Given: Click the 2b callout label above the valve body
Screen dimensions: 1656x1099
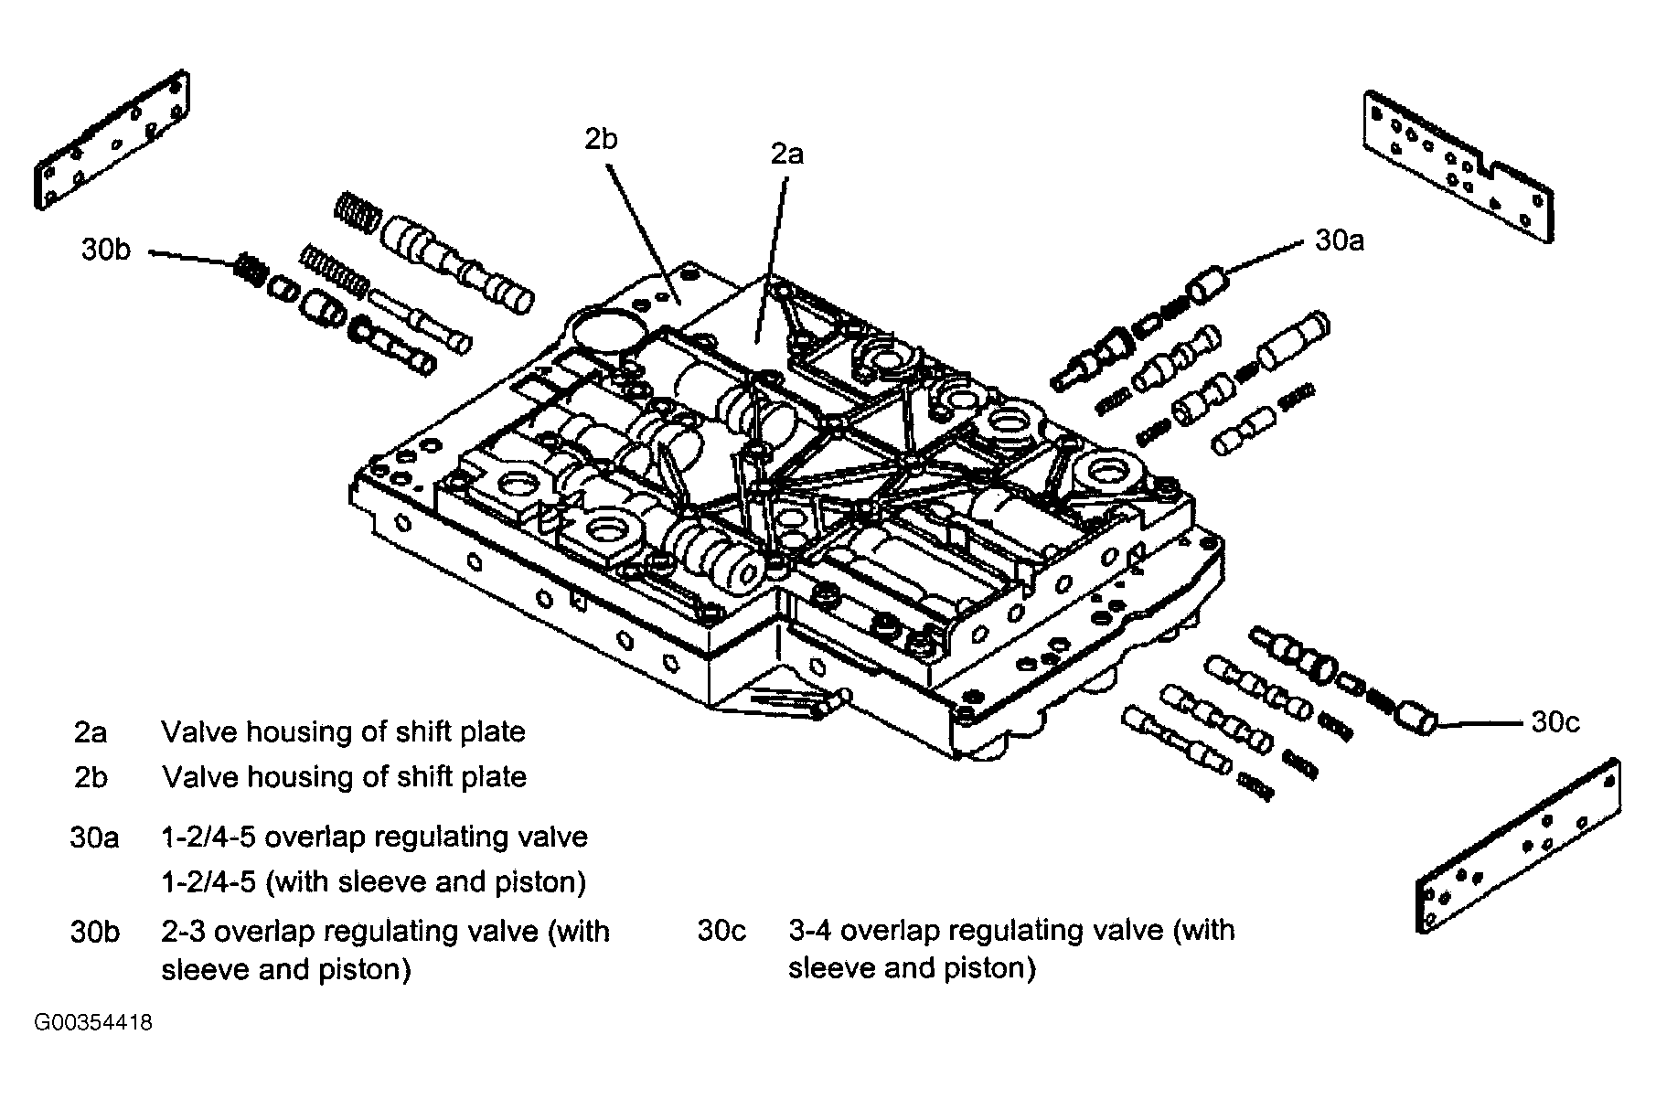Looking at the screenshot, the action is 601,139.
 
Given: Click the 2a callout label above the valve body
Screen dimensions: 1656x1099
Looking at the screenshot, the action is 786,155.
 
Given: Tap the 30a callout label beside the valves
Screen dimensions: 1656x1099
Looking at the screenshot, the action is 1340,240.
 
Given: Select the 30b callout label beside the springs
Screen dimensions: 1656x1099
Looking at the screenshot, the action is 106,250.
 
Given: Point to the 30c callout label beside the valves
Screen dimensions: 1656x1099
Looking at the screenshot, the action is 1555,722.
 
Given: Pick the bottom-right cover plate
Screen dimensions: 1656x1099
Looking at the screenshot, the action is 1519,845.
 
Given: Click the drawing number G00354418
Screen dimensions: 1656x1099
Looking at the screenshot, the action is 93,1022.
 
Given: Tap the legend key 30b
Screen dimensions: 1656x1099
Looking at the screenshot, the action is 95,932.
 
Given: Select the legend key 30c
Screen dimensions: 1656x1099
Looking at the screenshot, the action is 722,931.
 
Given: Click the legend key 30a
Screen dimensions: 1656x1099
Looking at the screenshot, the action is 95,838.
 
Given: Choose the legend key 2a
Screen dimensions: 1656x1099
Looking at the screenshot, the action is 91,732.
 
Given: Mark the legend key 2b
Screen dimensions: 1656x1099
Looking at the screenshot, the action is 91,777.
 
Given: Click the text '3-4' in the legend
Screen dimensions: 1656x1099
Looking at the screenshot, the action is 810,931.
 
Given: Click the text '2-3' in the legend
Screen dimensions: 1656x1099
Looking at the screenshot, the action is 184,932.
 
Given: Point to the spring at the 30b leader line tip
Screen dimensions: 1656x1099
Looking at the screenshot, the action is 247,269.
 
